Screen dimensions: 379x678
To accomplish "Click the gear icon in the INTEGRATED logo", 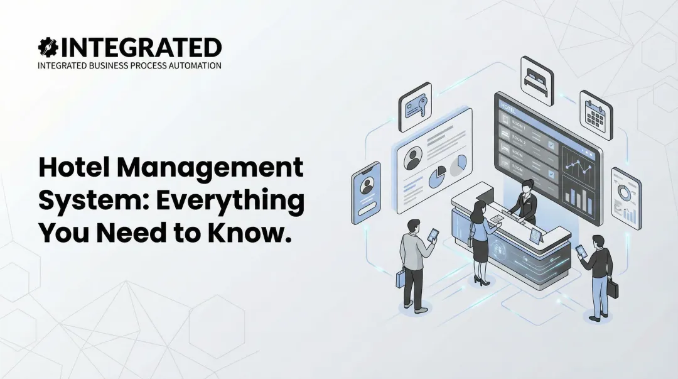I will tap(47, 48).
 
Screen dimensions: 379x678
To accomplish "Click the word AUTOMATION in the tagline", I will tap(194, 65).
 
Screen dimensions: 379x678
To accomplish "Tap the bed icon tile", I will tap(537, 80).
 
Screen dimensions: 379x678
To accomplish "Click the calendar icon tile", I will tap(596, 114).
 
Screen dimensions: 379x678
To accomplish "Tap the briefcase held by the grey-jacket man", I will tap(401, 280).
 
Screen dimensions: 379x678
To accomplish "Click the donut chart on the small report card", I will tap(624, 191).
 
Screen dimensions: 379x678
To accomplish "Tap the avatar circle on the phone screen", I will tap(366, 186).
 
